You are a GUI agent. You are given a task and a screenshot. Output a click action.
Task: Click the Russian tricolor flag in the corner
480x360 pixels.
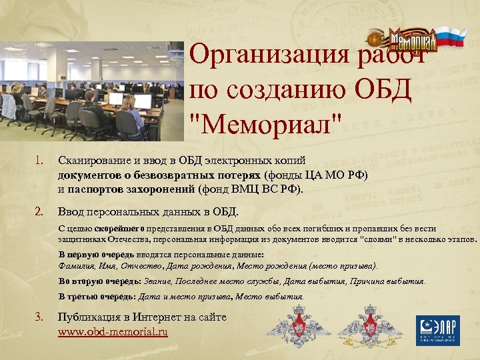point(452,37)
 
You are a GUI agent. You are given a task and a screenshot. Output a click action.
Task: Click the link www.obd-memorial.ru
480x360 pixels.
point(113,331)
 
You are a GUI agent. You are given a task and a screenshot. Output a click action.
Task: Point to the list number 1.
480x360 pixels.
point(39,161)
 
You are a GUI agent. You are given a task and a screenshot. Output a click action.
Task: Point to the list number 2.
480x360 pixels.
point(39,212)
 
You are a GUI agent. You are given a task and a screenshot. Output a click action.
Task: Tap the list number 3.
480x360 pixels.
point(39,317)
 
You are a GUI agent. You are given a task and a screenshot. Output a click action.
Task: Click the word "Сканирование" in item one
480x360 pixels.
point(92,161)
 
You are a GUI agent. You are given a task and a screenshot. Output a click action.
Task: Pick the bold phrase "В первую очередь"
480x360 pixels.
point(96,255)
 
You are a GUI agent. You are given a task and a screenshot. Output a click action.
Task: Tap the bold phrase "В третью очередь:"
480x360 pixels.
point(97,297)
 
